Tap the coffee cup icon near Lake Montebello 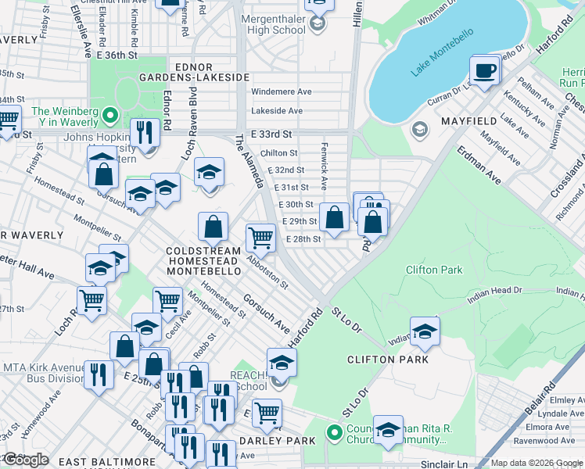click(484, 71)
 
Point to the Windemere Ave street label click(281, 91)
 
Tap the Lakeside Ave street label click(277, 112)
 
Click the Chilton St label click(279, 153)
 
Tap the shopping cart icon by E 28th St click(260, 238)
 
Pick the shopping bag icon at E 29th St click(334, 219)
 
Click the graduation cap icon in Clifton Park click(425, 331)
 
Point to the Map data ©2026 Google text click(537, 463)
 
